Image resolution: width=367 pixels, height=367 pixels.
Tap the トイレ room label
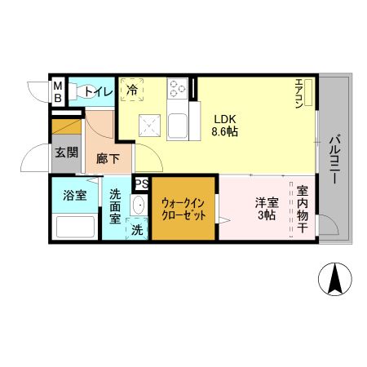pos(99,92)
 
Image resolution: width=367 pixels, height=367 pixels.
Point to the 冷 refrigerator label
pos(130,90)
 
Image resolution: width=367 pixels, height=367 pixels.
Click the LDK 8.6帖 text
pos(225,124)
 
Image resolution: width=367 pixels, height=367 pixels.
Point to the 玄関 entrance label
pos(65,152)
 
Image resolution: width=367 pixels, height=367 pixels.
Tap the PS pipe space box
pos(141,184)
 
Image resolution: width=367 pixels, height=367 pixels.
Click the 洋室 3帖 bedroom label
pos(267,209)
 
